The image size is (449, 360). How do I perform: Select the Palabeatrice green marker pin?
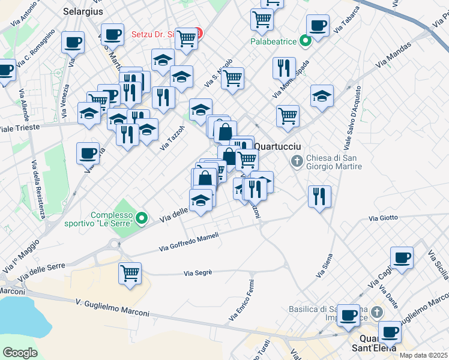[305, 41]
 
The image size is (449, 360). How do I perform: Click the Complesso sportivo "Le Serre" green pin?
[142, 218]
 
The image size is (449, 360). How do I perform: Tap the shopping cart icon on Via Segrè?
[130, 274]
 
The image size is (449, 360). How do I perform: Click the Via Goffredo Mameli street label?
[189, 242]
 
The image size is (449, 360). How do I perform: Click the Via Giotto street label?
[382, 218]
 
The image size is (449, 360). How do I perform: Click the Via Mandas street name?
[394, 55]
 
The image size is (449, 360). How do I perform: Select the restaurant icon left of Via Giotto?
[319, 196]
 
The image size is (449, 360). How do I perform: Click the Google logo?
[20, 352]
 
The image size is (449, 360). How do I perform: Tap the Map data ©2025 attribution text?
[423, 355]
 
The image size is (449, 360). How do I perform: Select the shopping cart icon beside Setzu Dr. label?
[187, 38]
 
